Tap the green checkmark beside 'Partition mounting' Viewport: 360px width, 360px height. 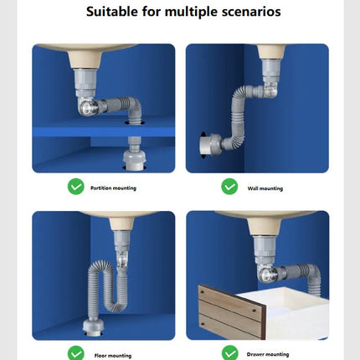[x=76, y=187]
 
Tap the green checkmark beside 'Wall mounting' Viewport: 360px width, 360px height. [x=229, y=187]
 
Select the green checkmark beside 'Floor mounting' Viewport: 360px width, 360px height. [x=76, y=352]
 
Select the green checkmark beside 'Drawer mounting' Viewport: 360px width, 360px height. [x=230, y=352]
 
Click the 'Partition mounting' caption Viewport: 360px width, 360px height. [x=113, y=188]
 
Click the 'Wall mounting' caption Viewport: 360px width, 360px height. [x=265, y=188]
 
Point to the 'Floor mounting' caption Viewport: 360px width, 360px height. [x=113, y=356]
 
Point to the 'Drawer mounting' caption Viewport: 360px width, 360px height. [x=268, y=354]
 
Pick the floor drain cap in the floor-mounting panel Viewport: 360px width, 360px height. [x=94, y=327]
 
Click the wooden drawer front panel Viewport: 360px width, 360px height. [x=232, y=311]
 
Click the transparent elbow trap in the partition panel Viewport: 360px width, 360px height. [x=88, y=105]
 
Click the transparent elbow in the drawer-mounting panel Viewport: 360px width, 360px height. [x=266, y=274]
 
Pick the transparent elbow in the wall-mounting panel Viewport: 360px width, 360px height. [x=270, y=90]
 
